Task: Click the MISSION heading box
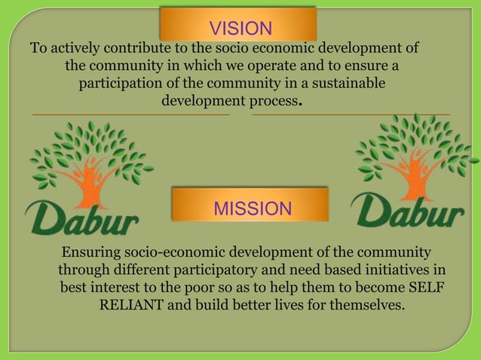pyautogui.click(x=252, y=208)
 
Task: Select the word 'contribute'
pyautogui.click(x=134, y=49)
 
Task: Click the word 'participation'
pyautogui.click(x=121, y=84)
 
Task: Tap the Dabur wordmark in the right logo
pyautogui.click(x=408, y=211)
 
